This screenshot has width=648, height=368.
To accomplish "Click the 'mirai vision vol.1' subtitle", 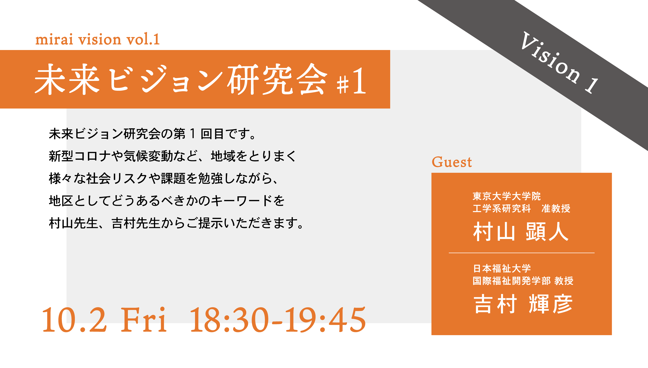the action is click(97, 39).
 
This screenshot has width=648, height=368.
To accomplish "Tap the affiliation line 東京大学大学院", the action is click(507, 196).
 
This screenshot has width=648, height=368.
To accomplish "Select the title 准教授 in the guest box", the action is click(556, 208).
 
